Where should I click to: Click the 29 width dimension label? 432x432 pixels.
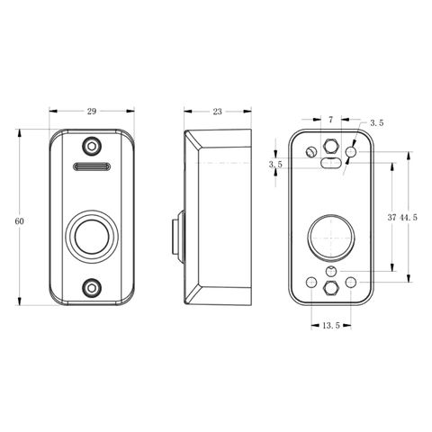92,112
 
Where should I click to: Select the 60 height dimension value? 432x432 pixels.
19,221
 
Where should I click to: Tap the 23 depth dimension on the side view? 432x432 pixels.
217,112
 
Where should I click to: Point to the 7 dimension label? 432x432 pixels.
330,120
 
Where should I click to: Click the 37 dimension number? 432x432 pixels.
391,217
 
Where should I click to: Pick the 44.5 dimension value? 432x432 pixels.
409,217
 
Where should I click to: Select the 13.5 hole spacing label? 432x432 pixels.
331,325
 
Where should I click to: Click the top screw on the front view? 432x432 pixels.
92,147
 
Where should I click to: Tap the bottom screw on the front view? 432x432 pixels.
92,288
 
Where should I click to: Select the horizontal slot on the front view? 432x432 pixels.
92,166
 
